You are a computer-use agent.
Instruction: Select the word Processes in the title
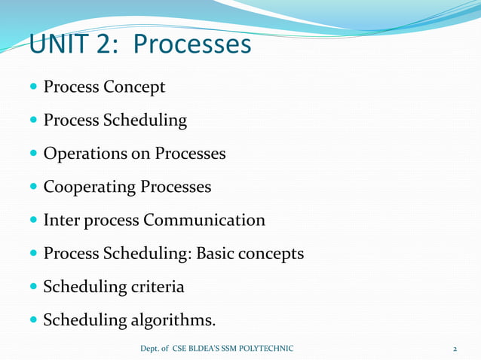[x=191, y=44]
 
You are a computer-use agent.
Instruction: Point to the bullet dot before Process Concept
[x=35, y=87]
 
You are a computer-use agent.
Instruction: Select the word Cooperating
[x=90, y=187]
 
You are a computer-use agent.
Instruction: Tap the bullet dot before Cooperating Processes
[x=35, y=187]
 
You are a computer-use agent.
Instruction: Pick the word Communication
[x=204, y=220]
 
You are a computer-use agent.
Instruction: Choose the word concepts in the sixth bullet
[x=271, y=255]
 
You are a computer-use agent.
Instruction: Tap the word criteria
[x=157, y=287]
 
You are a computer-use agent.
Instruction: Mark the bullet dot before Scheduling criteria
[x=35, y=287]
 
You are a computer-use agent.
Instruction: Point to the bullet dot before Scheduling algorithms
[x=35, y=321]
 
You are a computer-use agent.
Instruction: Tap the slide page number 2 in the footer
[x=455, y=349]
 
